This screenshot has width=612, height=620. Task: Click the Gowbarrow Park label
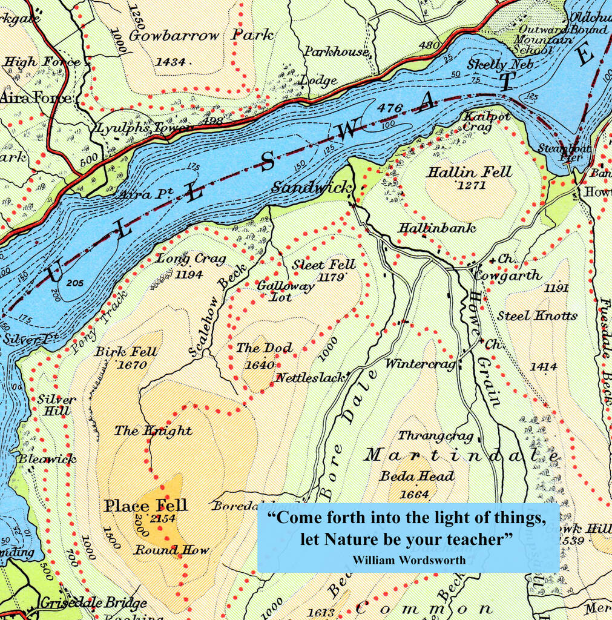click(x=201, y=36)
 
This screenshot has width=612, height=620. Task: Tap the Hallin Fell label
click(x=469, y=172)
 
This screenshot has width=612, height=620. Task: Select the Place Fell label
click(x=146, y=506)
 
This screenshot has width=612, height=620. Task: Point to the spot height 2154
click(x=163, y=519)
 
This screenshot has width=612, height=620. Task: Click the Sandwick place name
click(x=311, y=188)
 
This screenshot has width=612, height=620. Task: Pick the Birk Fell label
click(x=126, y=352)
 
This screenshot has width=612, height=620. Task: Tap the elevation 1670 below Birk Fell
click(x=131, y=365)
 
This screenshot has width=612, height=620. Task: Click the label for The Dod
click(x=264, y=348)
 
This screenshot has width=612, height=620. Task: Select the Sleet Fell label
click(x=323, y=265)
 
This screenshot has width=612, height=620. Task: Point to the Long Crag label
click(x=191, y=259)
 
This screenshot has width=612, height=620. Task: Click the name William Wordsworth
click(x=409, y=560)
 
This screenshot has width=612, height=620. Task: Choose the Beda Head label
click(x=416, y=477)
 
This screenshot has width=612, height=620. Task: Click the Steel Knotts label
click(x=537, y=315)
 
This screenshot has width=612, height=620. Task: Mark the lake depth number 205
click(x=75, y=283)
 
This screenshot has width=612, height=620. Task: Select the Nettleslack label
click(x=311, y=378)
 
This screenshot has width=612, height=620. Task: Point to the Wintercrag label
click(x=420, y=364)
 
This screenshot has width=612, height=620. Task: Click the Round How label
click(x=171, y=550)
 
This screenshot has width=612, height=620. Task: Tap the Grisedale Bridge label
click(x=93, y=603)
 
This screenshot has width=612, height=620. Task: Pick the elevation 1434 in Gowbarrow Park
click(x=170, y=61)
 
